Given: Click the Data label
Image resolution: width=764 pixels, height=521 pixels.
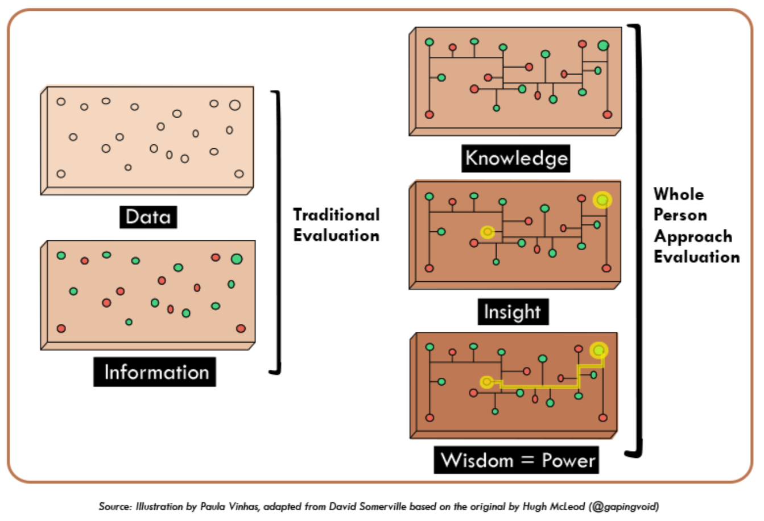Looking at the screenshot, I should [x=148, y=216].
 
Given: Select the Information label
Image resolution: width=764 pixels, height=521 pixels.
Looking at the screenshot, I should [x=155, y=372].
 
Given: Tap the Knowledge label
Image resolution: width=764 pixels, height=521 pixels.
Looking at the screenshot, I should [x=516, y=158].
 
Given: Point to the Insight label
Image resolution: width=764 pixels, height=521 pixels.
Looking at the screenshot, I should [x=512, y=311].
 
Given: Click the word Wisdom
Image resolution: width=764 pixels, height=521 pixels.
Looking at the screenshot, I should [x=477, y=460].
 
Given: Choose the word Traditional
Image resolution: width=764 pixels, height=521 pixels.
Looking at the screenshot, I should [x=336, y=215].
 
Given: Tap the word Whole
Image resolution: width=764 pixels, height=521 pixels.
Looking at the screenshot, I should [x=679, y=194].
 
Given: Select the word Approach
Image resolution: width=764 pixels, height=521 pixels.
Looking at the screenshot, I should [x=692, y=236].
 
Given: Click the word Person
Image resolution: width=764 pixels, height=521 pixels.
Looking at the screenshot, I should [x=680, y=215].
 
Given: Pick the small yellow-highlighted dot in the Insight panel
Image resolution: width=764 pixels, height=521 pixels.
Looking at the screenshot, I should [x=487, y=232].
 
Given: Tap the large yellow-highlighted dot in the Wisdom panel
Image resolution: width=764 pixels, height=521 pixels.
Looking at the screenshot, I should [x=598, y=351].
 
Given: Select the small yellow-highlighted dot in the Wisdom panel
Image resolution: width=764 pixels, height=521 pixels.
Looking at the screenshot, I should [x=486, y=382].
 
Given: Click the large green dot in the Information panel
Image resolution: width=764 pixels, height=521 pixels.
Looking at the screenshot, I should [x=237, y=259].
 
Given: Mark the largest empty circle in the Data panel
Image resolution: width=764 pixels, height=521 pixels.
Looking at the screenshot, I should [x=235, y=105].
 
